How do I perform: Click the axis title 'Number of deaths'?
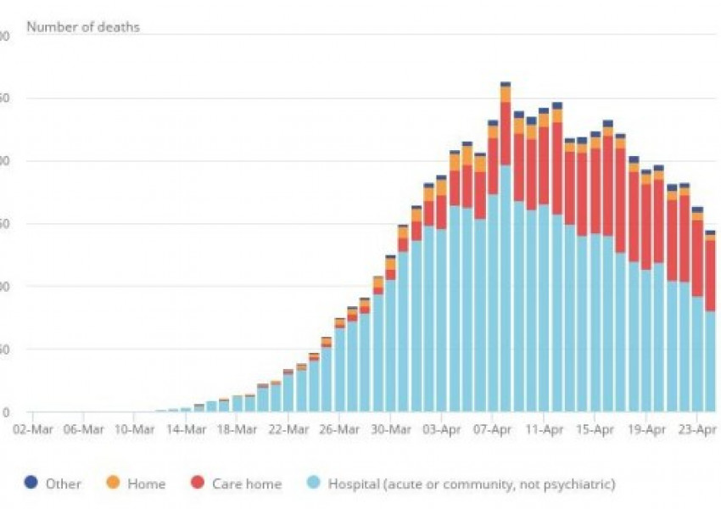[83, 27]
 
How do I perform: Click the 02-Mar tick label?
[32, 429]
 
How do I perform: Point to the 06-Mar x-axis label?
[83, 429]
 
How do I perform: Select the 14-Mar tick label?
[186, 429]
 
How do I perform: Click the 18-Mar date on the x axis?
[238, 429]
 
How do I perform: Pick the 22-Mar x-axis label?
[288, 429]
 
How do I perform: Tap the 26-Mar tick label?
[339, 429]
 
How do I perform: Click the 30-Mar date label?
[391, 429]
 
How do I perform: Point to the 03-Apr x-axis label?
[442, 429]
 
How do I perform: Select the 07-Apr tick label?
[493, 429]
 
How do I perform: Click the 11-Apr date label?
[545, 429]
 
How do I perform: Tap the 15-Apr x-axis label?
[595, 429]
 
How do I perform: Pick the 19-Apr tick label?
[646, 429]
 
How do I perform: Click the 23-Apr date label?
[697, 429]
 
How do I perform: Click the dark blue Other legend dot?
[31, 484]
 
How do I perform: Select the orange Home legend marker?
[114, 484]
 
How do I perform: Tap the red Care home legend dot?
[198, 484]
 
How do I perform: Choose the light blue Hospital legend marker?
[313, 484]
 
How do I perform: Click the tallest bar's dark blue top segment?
[506, 84]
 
